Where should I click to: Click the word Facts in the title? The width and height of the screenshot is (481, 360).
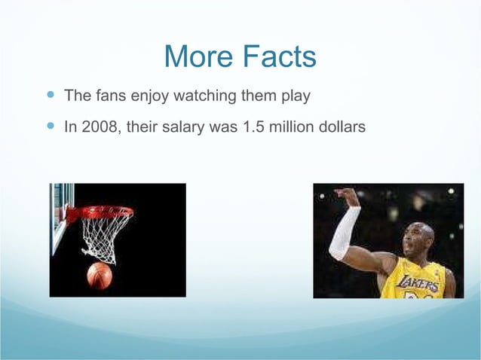point(277,56)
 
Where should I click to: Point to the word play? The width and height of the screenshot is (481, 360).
point(294,98)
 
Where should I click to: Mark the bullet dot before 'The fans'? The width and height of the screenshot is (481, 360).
point(51,96)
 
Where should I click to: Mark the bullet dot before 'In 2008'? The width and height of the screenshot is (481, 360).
point(51,127)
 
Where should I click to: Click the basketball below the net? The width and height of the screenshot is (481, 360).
point(100,276)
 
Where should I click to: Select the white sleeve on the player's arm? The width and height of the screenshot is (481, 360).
point(344,234)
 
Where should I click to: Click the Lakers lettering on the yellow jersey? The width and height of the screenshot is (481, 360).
point(420,283)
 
